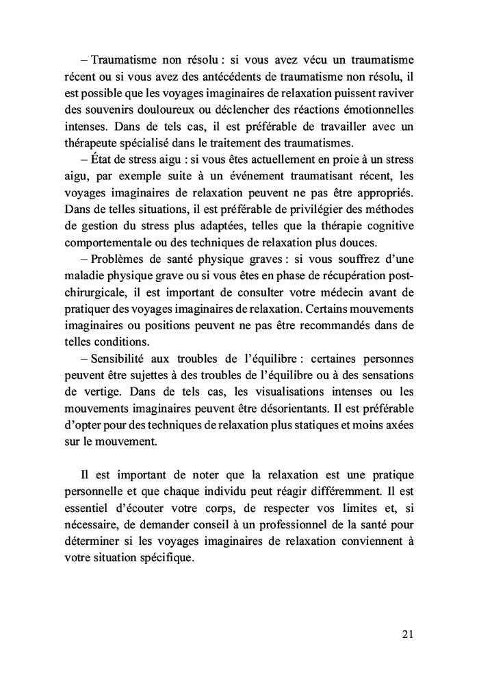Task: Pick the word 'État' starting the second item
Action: [x=103, y=159]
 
